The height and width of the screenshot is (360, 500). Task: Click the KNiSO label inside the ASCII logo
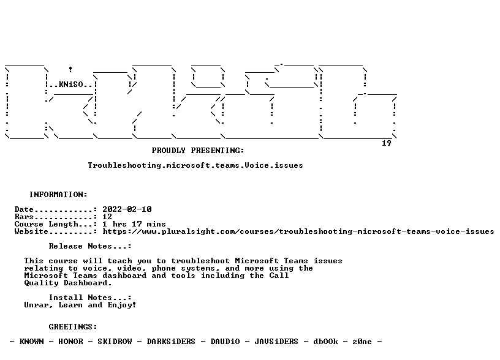coord(71,84)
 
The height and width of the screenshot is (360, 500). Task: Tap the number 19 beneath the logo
coord(387,143)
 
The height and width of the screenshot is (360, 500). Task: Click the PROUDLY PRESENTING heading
coord(198,151)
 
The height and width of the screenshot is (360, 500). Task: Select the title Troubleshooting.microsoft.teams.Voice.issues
coord(195,165)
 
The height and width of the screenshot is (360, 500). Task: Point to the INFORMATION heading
coord(58,195)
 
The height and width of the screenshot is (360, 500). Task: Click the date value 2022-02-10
coord(127,209)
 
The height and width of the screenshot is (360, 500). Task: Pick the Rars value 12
coord(107,217)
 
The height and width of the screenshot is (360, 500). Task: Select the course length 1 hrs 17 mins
coord(134,224)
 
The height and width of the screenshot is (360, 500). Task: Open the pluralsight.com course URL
coord(298,231)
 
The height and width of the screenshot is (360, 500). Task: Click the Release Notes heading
coord(90,246)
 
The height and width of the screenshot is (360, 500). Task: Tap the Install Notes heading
coord(90,298)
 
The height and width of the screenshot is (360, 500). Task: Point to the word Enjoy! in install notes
coord(122,305)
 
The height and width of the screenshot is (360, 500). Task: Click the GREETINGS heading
coord(73,327)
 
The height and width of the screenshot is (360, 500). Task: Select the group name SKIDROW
coord(115,342)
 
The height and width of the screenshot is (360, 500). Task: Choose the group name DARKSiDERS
coord(171,342)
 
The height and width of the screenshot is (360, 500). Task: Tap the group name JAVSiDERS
coord(276,342)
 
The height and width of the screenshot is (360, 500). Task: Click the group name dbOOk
coord(325,342)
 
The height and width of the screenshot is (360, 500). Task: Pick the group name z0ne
coord(362,342)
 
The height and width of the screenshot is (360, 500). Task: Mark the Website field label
coord(31,231)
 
